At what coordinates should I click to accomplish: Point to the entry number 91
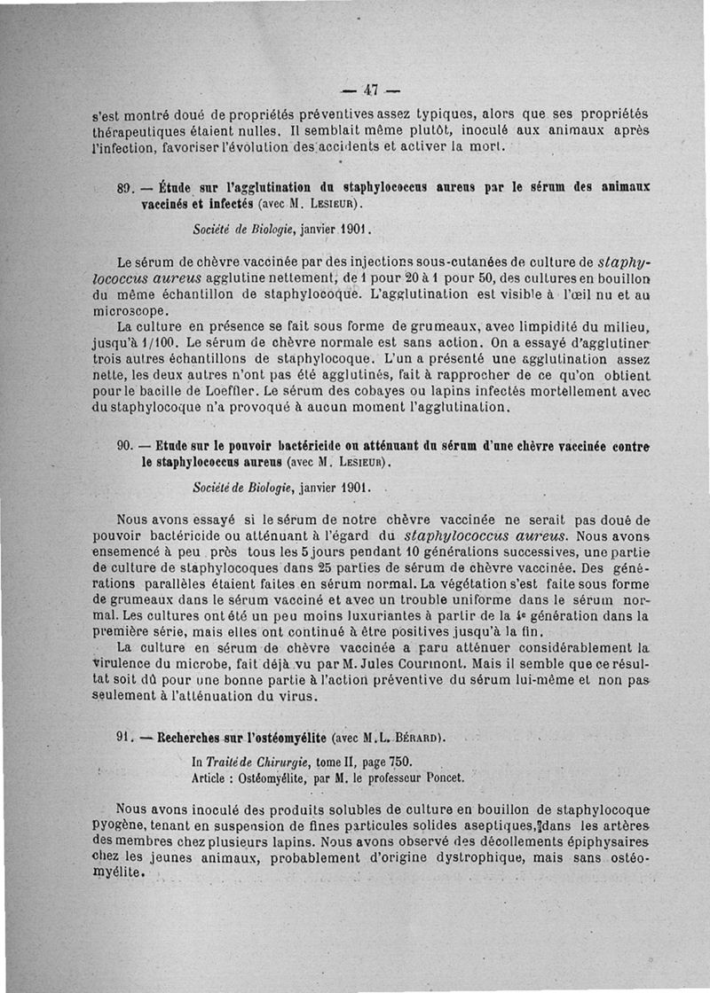pos(124,738)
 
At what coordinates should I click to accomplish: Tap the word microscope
pos(130,311)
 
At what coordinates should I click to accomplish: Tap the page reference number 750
pos(399,762)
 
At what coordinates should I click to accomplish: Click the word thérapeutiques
pos(146,129)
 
